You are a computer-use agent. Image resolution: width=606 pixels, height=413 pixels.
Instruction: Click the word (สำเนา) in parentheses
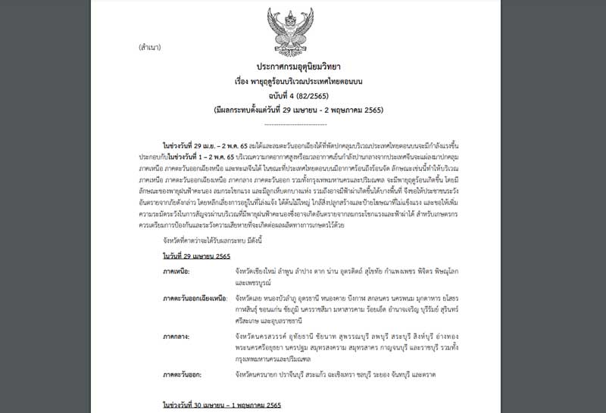pyautogui.click(x=151, y=47)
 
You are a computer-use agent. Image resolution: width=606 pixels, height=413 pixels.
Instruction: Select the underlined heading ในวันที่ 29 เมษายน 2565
pyautogui.click(x=196, y=256)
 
